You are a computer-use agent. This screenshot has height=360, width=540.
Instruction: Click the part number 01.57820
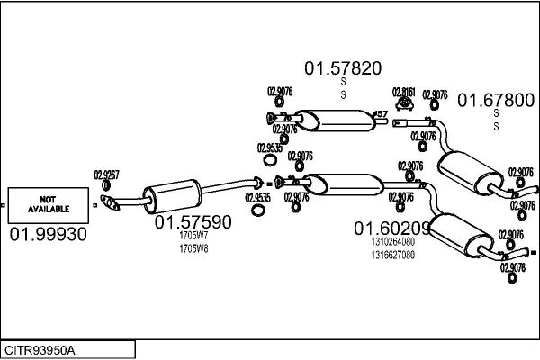click(342, 67)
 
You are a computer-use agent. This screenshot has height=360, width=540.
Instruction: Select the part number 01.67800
click(497, 100)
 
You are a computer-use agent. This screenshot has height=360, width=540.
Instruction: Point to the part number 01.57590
click(193, 222)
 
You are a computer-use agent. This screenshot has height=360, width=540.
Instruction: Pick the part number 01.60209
click(390, 229)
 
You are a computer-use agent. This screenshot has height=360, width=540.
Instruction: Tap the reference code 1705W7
click(193, 237)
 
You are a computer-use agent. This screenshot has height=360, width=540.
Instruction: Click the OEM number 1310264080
click(392, 242)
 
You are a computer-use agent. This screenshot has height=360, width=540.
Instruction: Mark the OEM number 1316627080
click(392, 254)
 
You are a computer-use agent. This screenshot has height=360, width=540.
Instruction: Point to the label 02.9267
click(107, 175)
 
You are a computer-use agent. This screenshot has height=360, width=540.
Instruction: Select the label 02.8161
click(403, 92)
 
